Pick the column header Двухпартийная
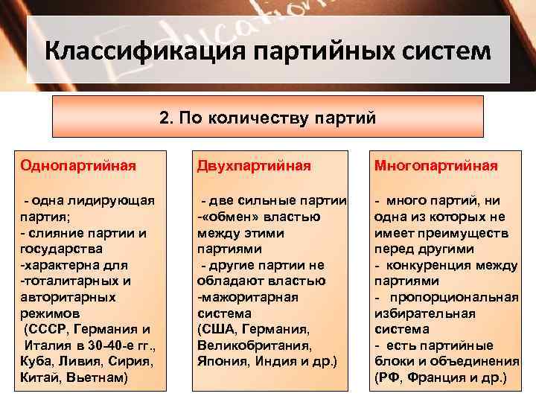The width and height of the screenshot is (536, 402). point(254,165)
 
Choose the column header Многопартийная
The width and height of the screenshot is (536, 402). point(435,165)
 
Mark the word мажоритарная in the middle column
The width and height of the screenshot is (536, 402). point(249,296)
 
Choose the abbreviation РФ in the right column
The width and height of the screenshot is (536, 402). point(389,377)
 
